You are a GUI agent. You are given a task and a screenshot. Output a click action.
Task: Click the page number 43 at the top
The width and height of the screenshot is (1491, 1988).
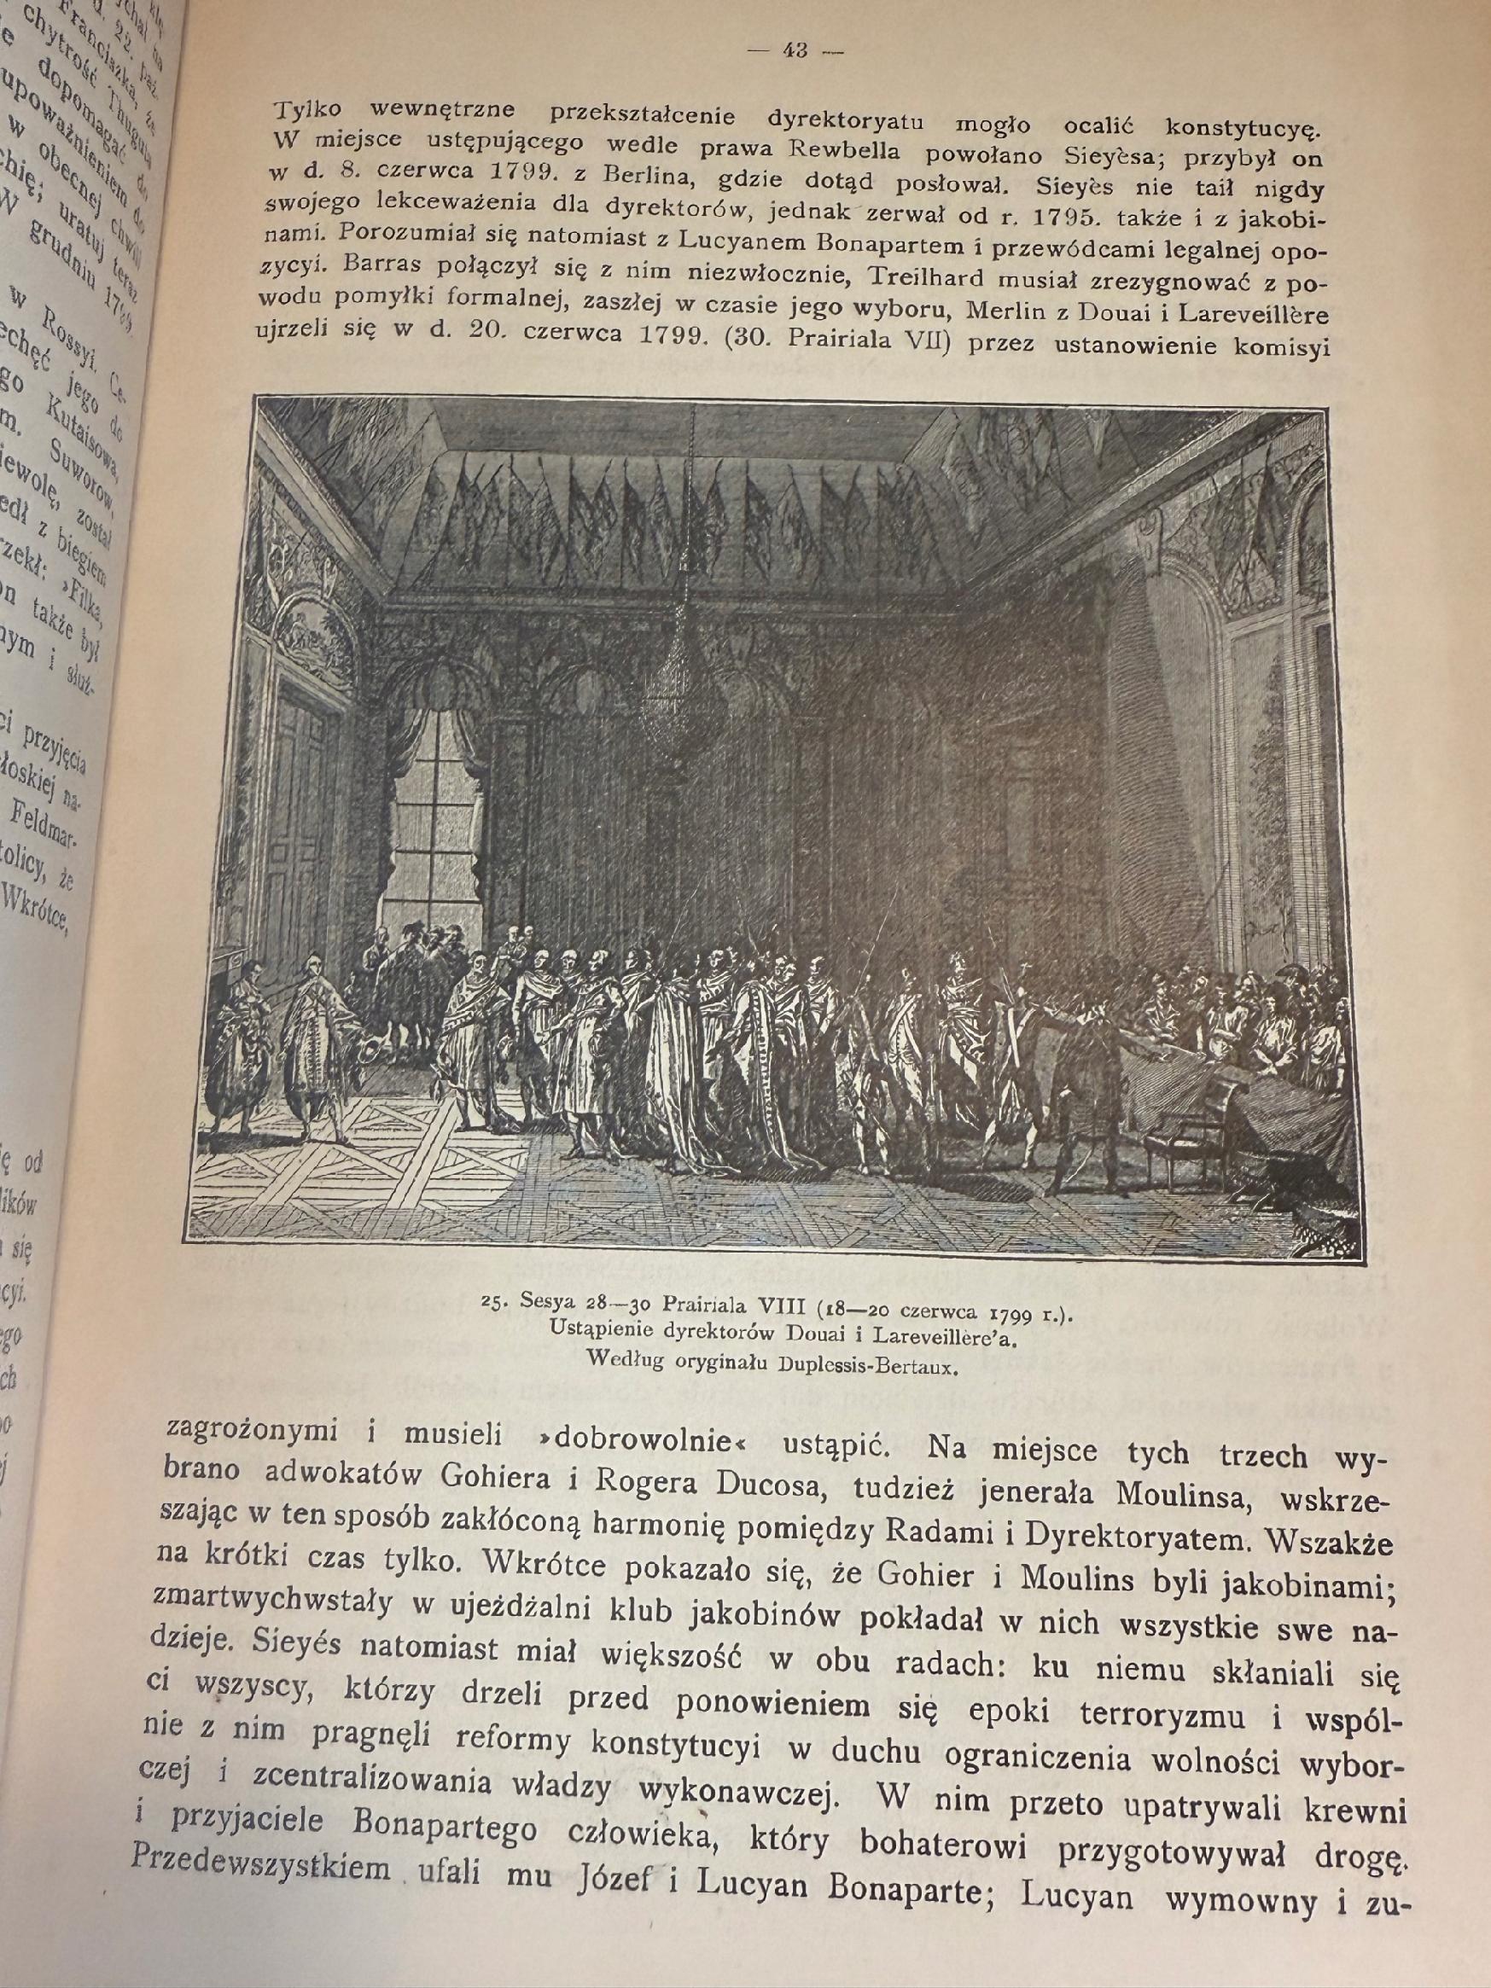796,51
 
